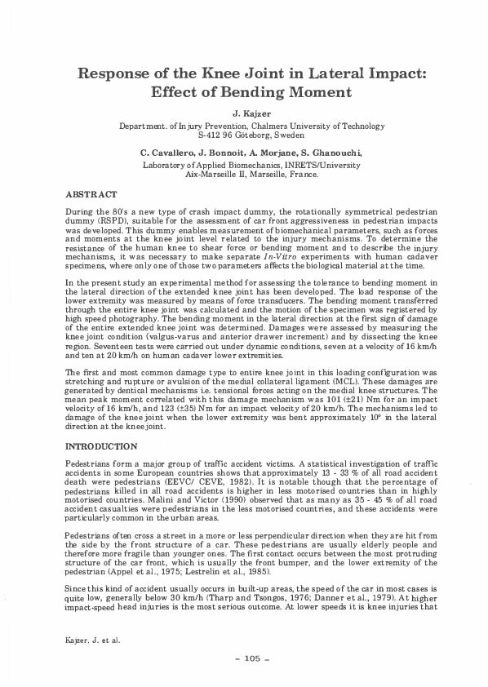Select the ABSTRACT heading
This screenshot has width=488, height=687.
pos(91,196)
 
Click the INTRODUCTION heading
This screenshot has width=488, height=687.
pos(100,448)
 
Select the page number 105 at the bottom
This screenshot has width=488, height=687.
pos(243,658)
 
